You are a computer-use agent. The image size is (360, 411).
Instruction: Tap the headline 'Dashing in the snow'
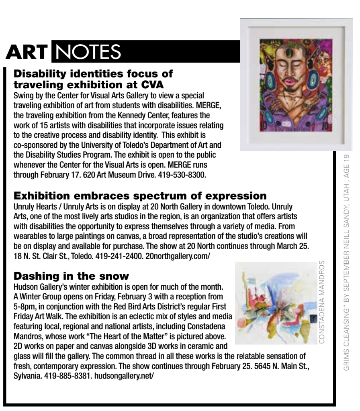click(x=71, y=276)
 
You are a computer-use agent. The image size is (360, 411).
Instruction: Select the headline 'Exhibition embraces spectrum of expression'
click(x=140, y=196)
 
